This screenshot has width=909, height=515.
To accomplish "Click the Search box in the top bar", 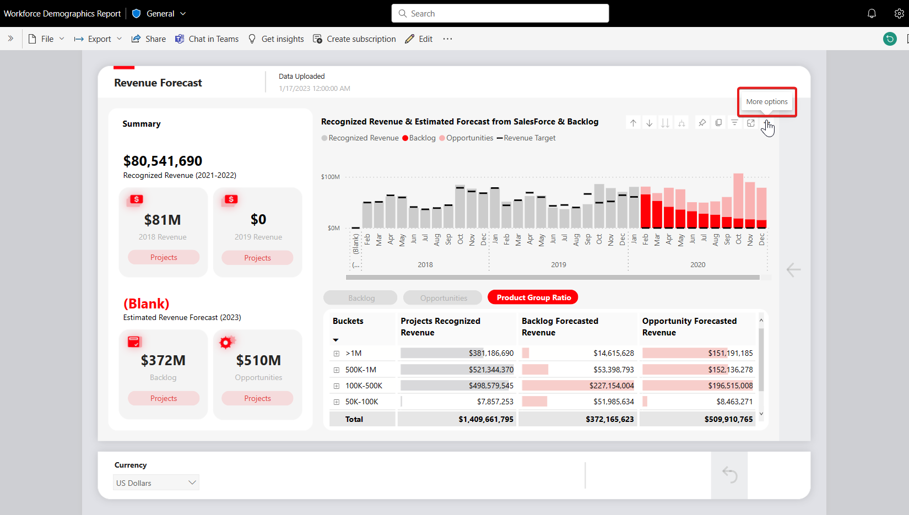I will tap(500, 13).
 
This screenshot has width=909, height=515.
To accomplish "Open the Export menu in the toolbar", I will tap(98, 39).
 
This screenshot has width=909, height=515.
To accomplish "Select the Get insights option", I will tap(276, 39).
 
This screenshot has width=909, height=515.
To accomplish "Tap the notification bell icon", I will tap(872, 13).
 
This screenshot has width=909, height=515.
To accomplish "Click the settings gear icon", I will tap(899, 13).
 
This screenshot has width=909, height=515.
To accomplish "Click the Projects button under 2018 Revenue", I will tap(164, 257).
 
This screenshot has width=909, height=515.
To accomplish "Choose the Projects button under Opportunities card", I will tap(257, 398).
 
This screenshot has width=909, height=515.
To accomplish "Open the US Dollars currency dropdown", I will tap(156, 483).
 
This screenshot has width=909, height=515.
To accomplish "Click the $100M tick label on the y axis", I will tap(331, 177).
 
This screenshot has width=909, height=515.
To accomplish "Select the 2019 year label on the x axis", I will tap(559, 265).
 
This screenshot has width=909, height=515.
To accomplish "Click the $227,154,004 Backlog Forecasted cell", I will tap(612, 386).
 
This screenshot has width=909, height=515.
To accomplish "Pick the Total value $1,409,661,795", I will tap(486, 419).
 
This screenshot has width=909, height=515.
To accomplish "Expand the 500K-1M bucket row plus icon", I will tap(337, 370).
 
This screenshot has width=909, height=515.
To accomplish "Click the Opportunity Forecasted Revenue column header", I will tap(689, 327).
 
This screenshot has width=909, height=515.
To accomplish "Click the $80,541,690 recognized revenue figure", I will tap(163, 161).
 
